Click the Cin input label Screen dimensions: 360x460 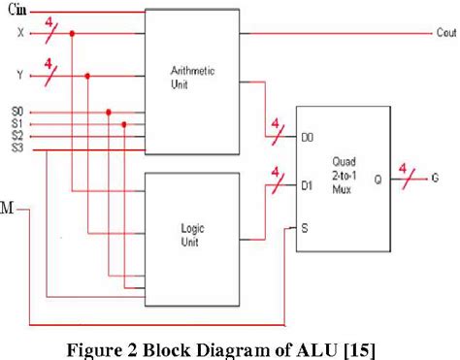point(16,11)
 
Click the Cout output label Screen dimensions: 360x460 point(445,33)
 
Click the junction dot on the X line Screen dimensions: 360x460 point(73,33)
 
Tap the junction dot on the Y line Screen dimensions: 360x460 point(89,74)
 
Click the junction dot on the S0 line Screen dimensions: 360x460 point(109,112)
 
